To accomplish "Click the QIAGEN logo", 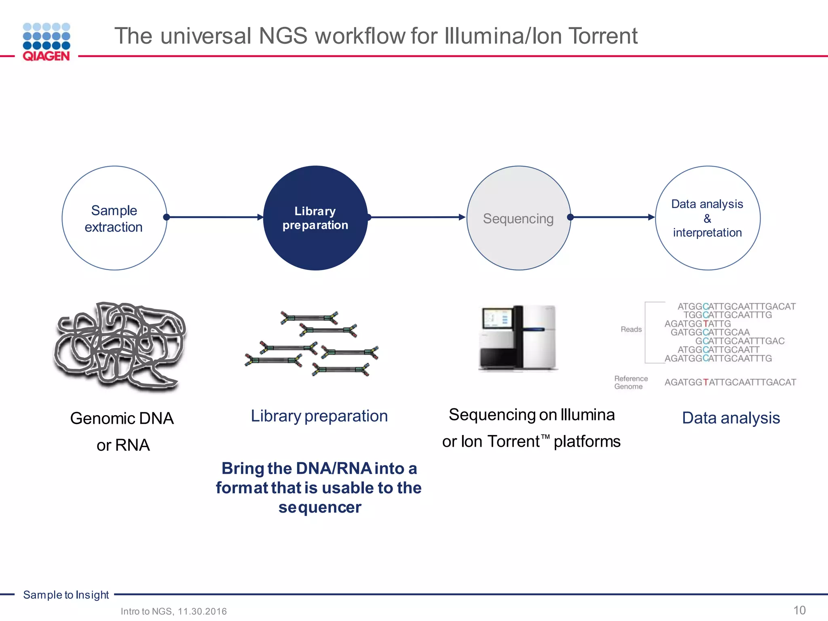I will (46, 42).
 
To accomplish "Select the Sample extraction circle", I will (114, 218).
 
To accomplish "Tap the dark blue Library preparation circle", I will (315, 218).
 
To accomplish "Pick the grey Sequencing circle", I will (518, 218).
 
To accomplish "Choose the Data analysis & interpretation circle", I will (708, 218).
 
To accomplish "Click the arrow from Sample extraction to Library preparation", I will (214, 217).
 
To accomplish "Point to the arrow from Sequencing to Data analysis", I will (613, 217).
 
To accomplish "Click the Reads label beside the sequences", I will (631, 330).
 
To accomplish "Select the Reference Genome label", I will (631, 382).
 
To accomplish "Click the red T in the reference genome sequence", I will (706, 382).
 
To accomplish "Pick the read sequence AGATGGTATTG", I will (697, 324).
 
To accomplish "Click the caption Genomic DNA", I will (122, 418).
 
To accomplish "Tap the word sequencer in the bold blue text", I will (319, 507).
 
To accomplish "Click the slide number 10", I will (799, 610).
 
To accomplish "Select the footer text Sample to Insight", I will (66, 595).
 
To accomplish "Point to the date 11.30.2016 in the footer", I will (202, 611).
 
